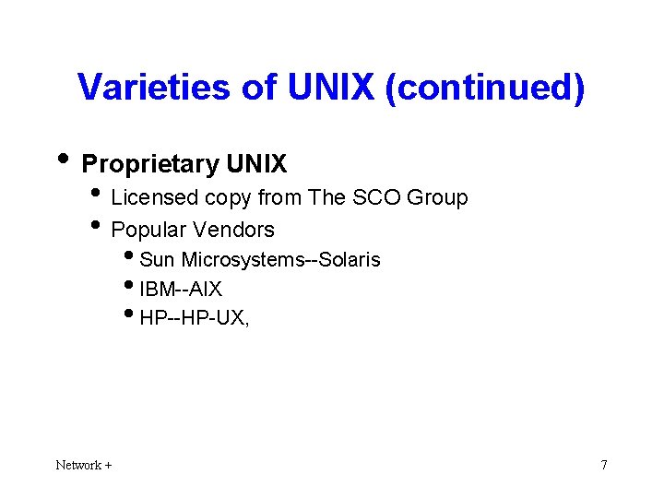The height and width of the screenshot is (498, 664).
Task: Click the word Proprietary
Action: pos(148,164)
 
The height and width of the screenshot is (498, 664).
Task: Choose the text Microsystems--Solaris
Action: pos(280,259)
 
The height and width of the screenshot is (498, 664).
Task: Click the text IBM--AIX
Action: pos(181,289)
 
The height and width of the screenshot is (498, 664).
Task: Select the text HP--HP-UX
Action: pos(194,318)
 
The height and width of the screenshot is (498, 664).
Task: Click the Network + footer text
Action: pos(84,465)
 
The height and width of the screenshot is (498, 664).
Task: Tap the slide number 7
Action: pos(604,465)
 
